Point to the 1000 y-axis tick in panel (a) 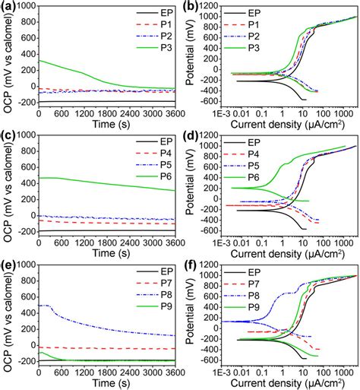pos(26,8)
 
